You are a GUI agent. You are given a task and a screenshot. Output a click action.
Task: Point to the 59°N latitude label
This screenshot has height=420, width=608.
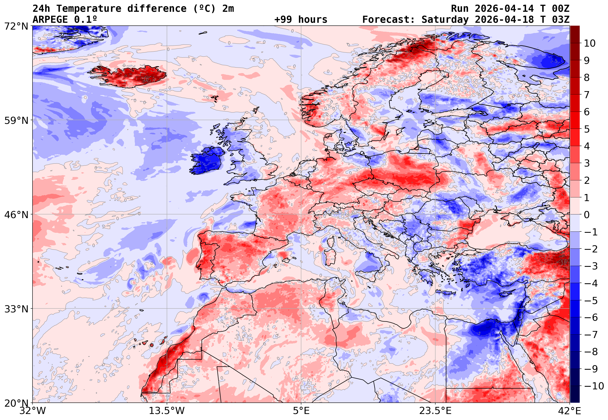click(16, 120)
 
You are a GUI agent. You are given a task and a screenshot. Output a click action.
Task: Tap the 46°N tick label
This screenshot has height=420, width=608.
click(16, 215)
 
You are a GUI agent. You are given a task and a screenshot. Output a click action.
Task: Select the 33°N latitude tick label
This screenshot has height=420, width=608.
click(16, 309)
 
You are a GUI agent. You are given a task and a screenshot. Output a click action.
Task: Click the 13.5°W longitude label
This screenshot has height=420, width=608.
click(167, 411)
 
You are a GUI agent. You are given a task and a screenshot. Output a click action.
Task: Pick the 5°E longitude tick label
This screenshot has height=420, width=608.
click(301, 411)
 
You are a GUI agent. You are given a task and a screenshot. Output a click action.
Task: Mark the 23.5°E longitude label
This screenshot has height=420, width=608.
click(435, 411)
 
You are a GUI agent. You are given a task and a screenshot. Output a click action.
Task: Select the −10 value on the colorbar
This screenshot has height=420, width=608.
click(594, 386)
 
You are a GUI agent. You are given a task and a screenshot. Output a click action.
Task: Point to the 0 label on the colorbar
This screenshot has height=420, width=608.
click(587, 215)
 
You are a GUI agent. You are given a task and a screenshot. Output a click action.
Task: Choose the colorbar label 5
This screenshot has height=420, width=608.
click(587, 129)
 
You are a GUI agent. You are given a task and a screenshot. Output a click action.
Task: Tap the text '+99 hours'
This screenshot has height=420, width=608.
click(301, 20)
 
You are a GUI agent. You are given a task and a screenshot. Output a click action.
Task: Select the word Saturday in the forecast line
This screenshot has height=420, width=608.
click(445, 20)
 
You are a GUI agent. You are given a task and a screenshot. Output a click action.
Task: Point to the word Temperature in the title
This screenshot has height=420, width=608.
click(89, 9)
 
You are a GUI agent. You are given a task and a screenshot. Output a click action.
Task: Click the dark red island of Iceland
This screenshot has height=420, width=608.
click(132, 76)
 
